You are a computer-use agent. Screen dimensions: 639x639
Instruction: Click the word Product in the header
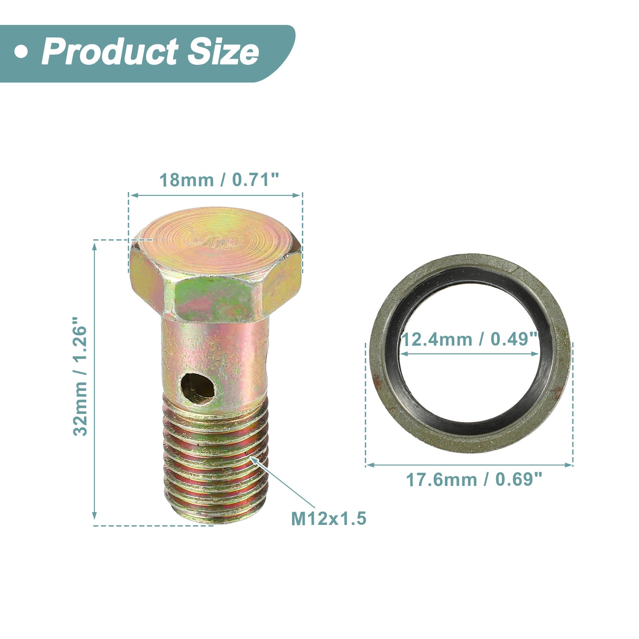click(110, 52)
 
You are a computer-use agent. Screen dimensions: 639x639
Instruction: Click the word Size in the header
click(223, 52)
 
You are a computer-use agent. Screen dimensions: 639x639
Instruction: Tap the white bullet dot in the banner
click(21, 52)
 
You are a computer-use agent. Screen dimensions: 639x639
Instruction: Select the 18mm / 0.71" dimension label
click(219, 180)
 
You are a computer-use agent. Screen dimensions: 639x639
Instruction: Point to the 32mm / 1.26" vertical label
click(80, 376)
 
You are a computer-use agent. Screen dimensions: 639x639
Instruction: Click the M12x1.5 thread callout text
click(329, 518)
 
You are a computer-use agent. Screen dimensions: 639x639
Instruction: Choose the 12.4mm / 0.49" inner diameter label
click(469, 339)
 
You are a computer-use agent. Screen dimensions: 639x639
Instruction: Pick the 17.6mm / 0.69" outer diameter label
click(474, 480)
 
